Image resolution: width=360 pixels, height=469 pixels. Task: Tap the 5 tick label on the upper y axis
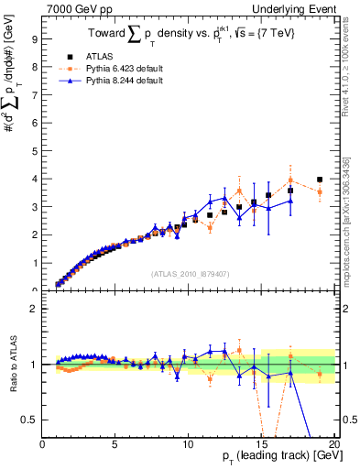pos(34,151)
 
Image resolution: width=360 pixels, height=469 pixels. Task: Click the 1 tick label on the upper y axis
pos(34,263)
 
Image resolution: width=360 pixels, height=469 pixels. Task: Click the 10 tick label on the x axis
pos(188,444)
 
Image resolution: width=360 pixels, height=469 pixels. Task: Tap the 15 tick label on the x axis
pos(260,444)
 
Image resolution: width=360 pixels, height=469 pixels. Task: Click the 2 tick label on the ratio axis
pos(34,309)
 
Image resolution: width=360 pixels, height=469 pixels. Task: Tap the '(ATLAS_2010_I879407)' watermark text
pos(189,273)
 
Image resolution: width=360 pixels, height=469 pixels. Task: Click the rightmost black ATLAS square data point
pos(319,180)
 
